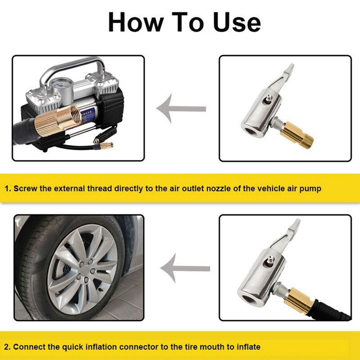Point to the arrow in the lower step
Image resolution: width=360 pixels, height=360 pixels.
pos(184,269)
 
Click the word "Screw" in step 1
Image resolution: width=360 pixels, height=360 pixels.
pos(25,189)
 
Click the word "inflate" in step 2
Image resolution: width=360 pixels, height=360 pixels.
pos(247,347)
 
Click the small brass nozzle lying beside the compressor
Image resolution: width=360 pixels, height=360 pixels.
pos(106,145)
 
